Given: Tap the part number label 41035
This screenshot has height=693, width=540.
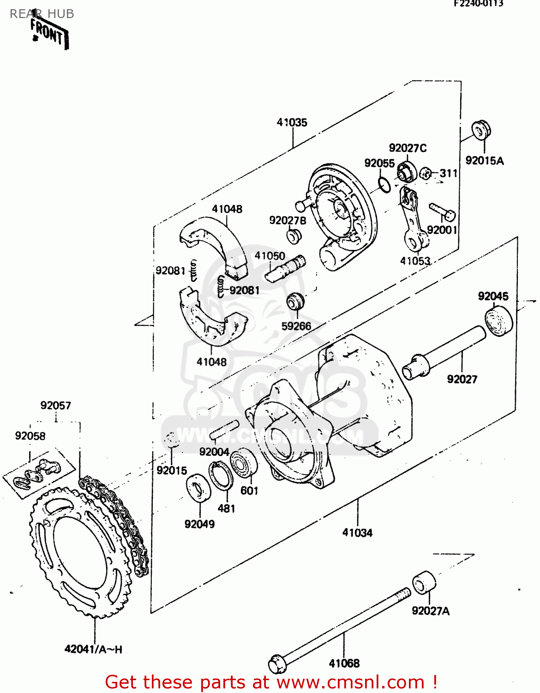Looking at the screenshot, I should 292,122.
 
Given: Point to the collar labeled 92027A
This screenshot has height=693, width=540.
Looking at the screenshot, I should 424,583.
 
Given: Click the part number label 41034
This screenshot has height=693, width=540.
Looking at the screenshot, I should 357,533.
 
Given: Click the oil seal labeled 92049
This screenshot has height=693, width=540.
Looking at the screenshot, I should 199,487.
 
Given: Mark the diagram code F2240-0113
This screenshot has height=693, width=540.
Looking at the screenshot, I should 478,4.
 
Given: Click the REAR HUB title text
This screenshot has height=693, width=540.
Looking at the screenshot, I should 42,14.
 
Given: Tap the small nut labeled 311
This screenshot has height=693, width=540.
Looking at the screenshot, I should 426,174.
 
